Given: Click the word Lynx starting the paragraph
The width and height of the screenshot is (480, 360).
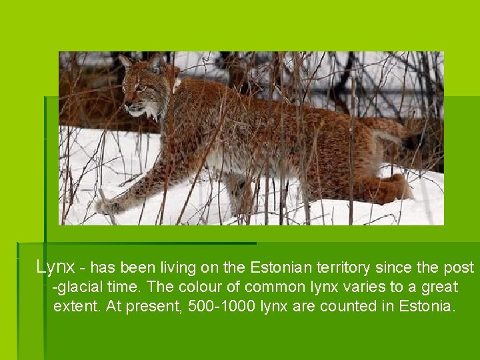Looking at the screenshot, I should pyautogui.click(x=55, y=267).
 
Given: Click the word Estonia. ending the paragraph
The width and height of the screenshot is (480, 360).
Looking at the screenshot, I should pyautogui.click(x=427, y=307).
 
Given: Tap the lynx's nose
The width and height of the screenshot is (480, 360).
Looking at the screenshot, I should pyautogui.click(x=126, y=105).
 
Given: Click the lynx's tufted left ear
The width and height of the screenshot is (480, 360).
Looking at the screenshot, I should pyautogui.click(x=125, y=61).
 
